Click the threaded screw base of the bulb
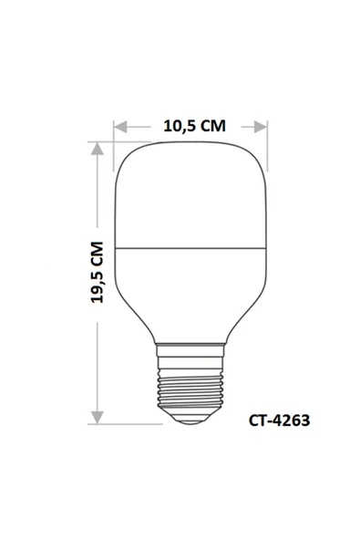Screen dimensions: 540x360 coord(192,383)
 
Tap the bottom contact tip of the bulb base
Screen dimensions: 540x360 coord(192,418)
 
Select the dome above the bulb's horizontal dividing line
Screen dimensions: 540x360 coord(192,196)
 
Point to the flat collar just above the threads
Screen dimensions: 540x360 coord(192,346)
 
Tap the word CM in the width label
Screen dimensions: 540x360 coord(213,126)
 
